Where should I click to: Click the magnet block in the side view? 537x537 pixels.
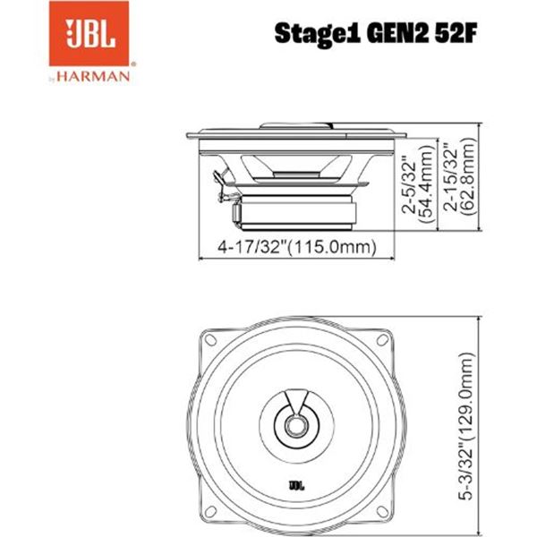[295, 213]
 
